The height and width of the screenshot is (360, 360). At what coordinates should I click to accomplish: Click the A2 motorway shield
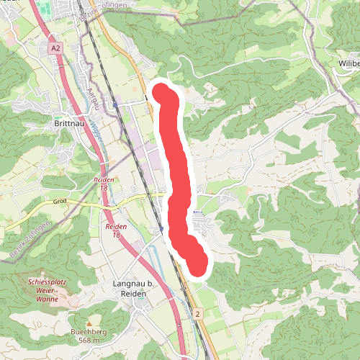[x=55, y=48]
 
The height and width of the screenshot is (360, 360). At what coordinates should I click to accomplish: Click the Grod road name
[x=60, y=202]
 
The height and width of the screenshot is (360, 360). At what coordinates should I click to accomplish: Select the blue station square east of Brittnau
[x=115, y=104]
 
